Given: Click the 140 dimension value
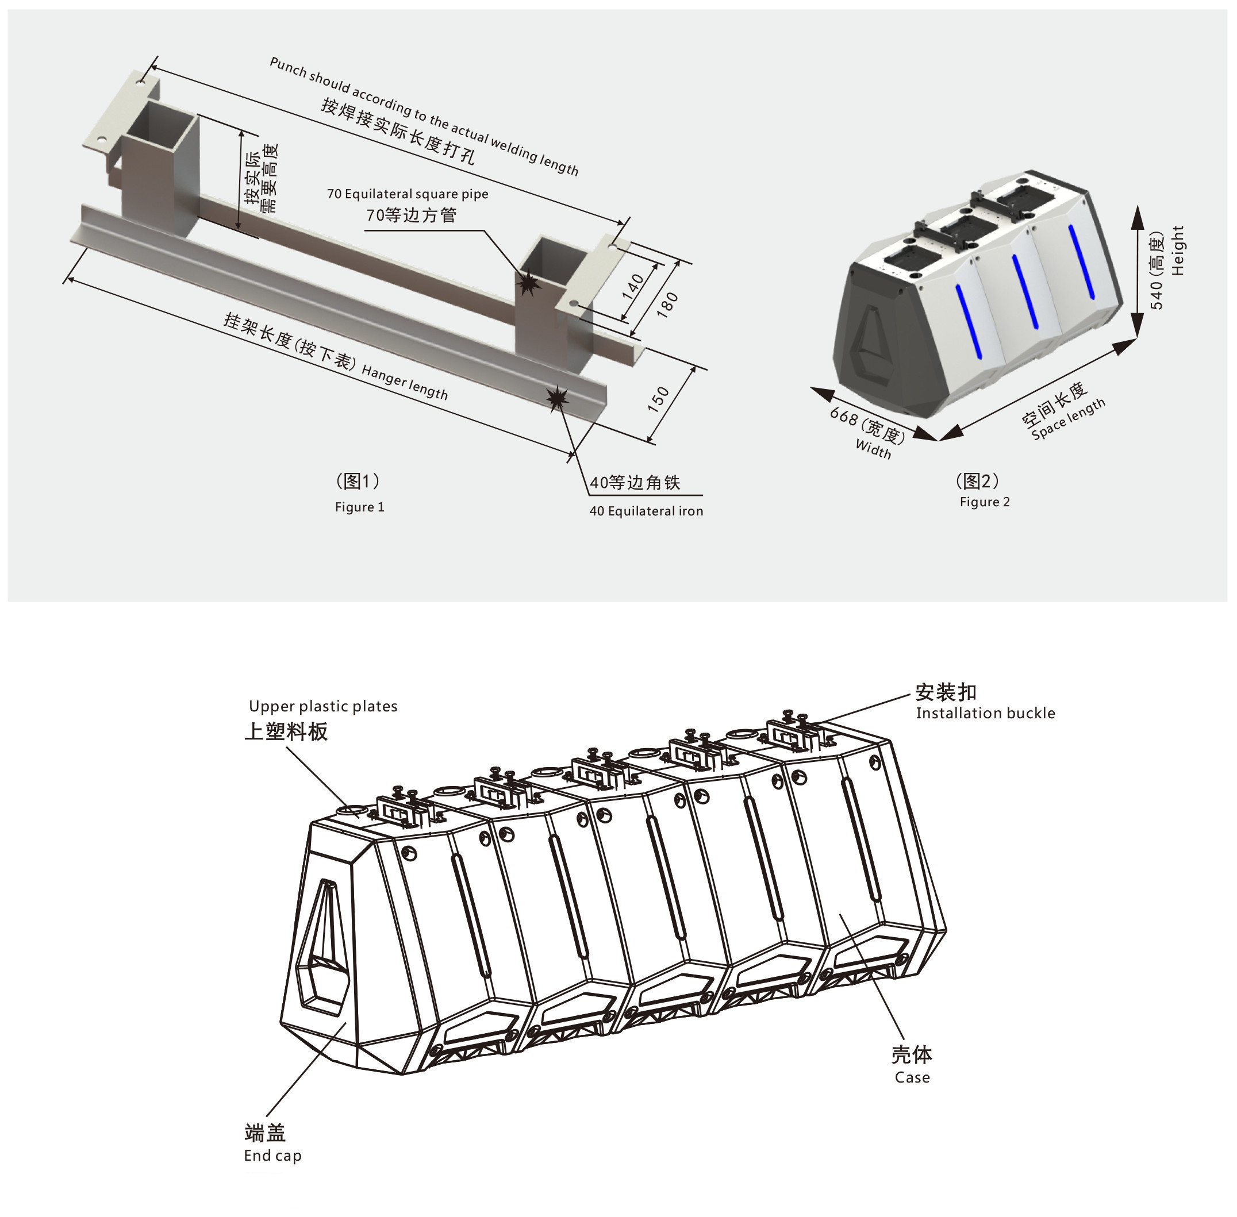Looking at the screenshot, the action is (633, 287).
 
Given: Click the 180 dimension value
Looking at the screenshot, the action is (667, 306).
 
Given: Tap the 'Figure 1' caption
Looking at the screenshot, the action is (359, 507).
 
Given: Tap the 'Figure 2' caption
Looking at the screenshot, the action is (985, 502).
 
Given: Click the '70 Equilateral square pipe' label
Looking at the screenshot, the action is (408, 194).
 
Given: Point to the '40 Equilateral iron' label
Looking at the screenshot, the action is (646, 511).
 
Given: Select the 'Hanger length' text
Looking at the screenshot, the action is (405, 382).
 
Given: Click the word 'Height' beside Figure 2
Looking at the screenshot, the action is (1178, 251).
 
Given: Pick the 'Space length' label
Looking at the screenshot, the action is (1068, 419).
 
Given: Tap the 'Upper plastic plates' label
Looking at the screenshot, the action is (323, 706).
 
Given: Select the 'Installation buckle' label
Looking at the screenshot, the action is (985, 713).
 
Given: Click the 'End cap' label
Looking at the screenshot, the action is (272, 1155).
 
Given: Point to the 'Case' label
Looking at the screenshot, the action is (912, 1077).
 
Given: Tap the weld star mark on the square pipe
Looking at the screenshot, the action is (528, 282).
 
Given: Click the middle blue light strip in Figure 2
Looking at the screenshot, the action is (1025, 291).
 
